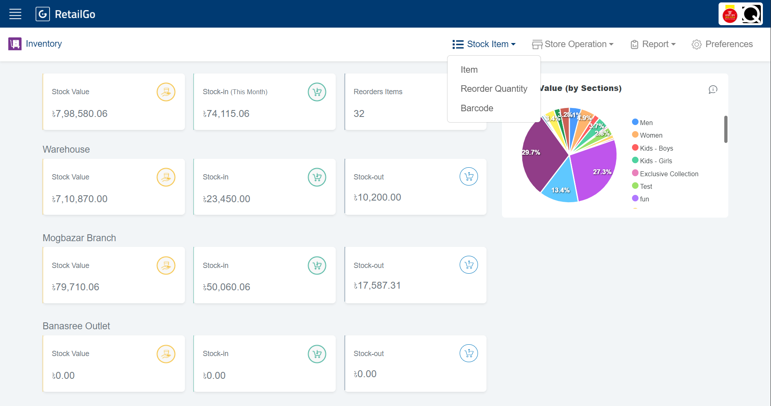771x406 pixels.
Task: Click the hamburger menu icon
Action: pos(15,14)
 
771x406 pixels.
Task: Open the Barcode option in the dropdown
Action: pos(477,108)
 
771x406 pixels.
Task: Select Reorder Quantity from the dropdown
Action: pos(494,89)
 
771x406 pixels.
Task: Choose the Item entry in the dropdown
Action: pos(469,70)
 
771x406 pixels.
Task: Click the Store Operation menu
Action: pos(573,44)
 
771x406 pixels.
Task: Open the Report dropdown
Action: pos(653,44)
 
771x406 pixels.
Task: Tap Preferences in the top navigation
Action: pos(722,44)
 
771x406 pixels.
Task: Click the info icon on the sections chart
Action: pos(713,89)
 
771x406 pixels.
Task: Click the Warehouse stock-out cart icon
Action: pos(469,177)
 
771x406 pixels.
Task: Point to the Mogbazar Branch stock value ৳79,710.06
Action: pos(76,287)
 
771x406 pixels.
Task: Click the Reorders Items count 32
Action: pos(359,114)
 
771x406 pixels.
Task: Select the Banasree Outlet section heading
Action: pos(76,326)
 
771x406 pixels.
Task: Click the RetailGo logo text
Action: pos(75,14)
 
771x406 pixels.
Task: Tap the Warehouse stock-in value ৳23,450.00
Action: pos(226,199)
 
